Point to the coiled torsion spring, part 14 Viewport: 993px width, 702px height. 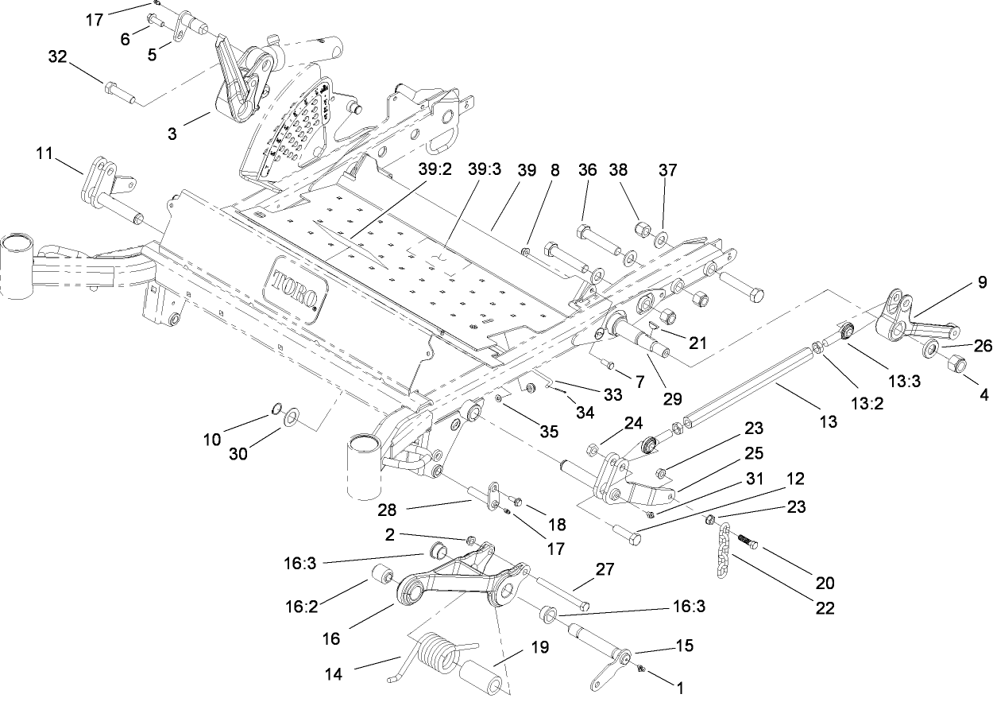tap(435, 652)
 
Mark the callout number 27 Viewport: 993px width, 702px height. tap(605, 569)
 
